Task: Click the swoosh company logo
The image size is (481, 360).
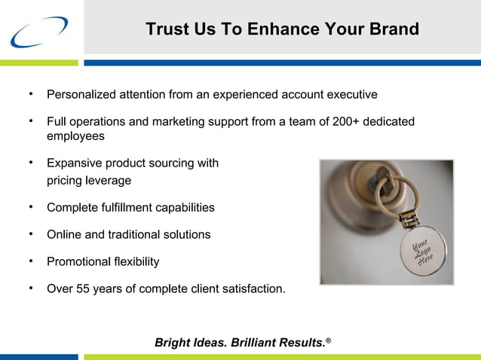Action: click(x=39, y=32)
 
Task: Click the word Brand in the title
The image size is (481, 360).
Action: click(x=394, y=29)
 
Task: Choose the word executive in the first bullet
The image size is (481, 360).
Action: click(x=351, y=95)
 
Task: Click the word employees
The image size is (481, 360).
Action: click(x=75, y=136)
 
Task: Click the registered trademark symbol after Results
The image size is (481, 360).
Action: click(x=328, y=340)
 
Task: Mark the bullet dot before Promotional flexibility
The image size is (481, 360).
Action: click(x=31, y=260)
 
